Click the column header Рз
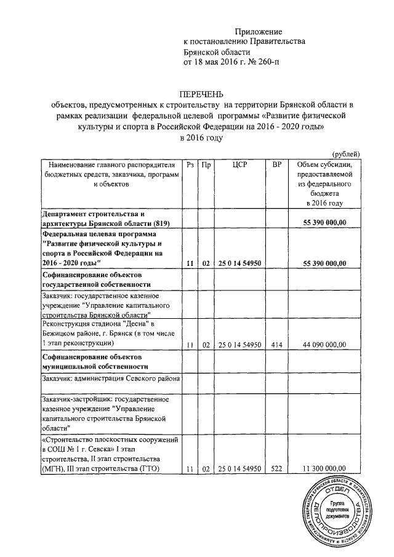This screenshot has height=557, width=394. click(190, 164)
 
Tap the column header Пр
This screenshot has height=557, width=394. click(206, 164)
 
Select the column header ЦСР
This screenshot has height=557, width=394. click(240, 164)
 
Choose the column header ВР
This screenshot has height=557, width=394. click(277, 164)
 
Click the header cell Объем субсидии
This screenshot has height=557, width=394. click(324, 164)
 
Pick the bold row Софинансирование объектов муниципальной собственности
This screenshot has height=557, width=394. click(92, 361)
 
